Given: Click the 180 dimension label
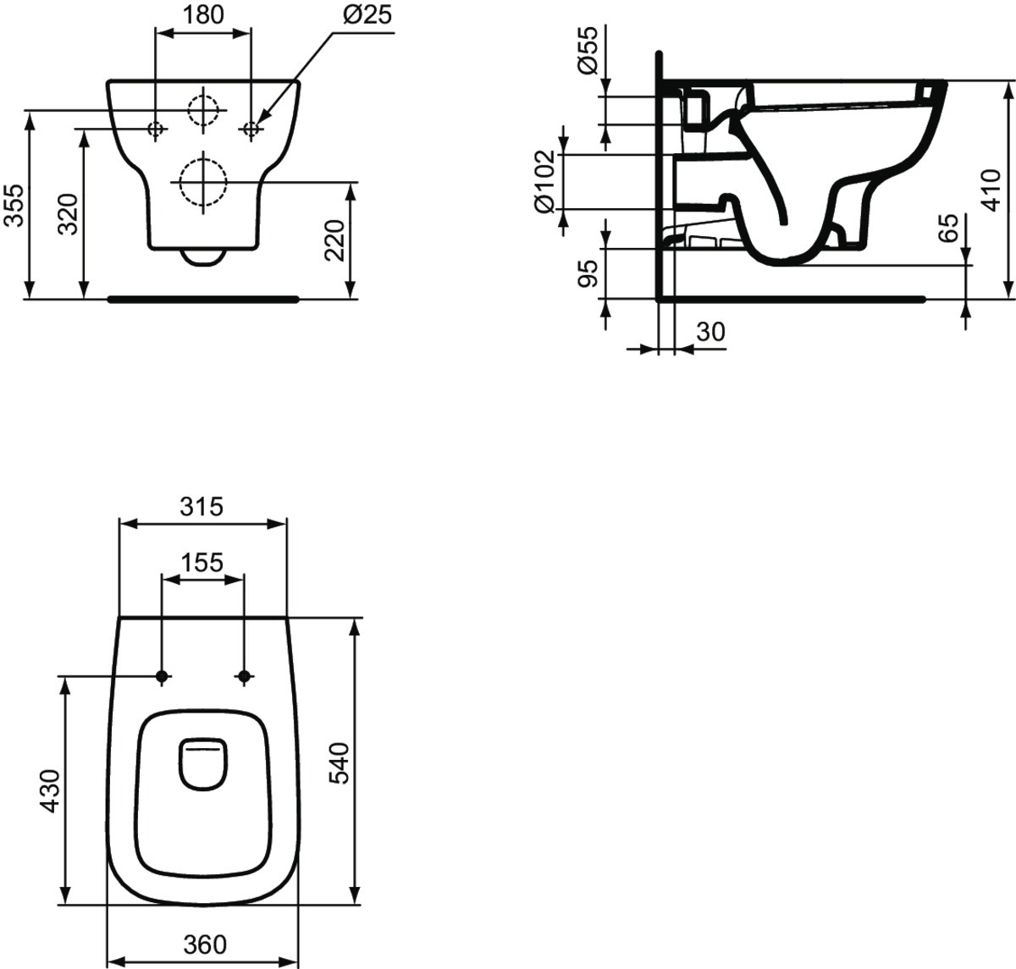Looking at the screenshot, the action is (203, 14).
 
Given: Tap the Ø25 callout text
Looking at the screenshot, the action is (367, 14).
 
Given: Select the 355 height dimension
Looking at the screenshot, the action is (14, 205).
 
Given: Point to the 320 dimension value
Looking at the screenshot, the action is (68, 214).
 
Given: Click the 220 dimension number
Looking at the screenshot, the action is (334, 240).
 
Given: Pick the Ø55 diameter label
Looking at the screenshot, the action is (588, 50).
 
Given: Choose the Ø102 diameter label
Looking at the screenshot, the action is (544, 182).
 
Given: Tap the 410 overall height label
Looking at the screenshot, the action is (991, 190).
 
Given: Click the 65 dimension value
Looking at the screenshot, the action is (948, 228).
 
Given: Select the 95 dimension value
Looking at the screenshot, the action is (588, 273).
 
